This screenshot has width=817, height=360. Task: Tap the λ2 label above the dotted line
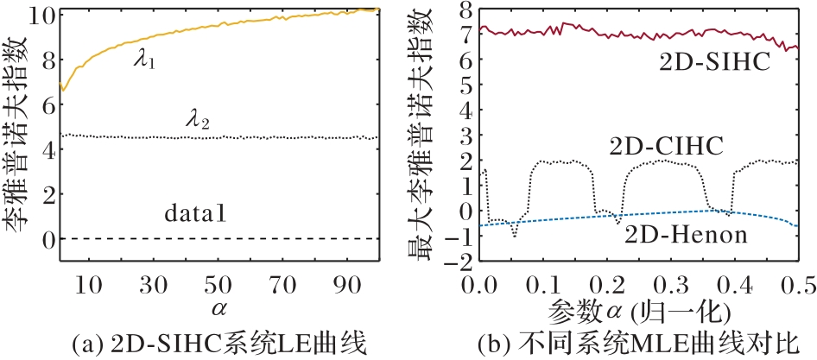click(199, 119)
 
